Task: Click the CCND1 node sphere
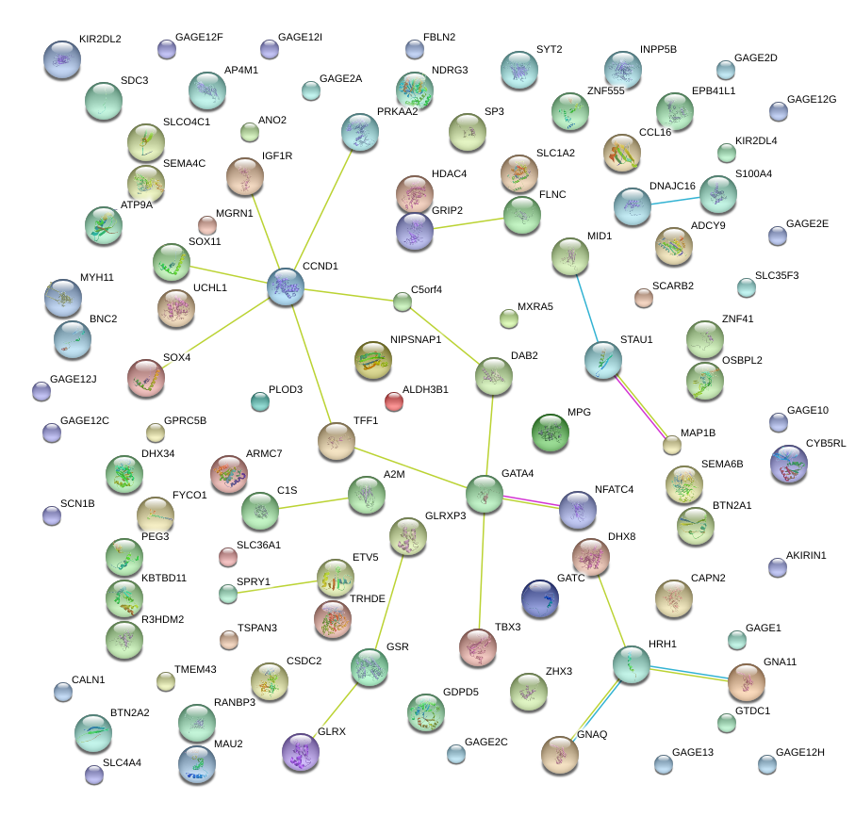(x=286, y=286)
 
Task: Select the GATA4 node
(x=485, y=495)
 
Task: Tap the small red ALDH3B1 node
(x=394, y=402)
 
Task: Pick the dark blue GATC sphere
(x=540, y=599)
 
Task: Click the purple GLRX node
(x=301, y=752)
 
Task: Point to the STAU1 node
(x=603, y=360)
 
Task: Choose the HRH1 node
(x=632, y=664)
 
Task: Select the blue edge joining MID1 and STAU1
(x=587, y=309)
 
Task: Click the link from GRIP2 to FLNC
(x=469, y=223)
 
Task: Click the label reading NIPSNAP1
(x=415, y=339)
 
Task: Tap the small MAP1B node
(x=671, y=446)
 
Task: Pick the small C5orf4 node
(x=403, y=302)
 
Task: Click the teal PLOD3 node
(x=260, y=402)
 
